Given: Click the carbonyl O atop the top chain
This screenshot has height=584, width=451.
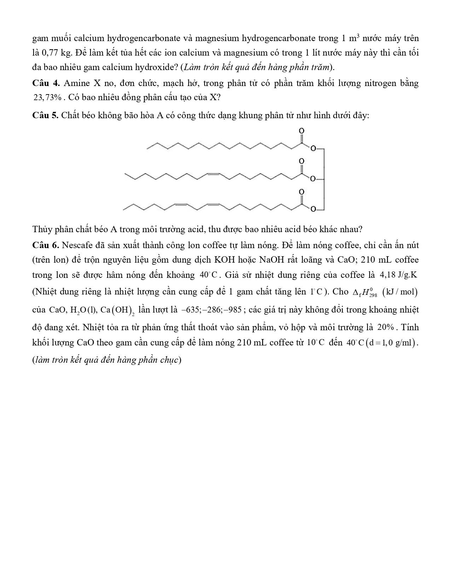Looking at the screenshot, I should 301,131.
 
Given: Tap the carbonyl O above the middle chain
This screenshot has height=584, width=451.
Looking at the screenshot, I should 301,161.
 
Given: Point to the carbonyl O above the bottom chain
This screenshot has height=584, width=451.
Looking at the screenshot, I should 301,192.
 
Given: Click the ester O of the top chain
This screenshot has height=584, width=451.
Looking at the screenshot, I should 312,149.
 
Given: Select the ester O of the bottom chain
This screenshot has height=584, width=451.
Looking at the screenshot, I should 312,210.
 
